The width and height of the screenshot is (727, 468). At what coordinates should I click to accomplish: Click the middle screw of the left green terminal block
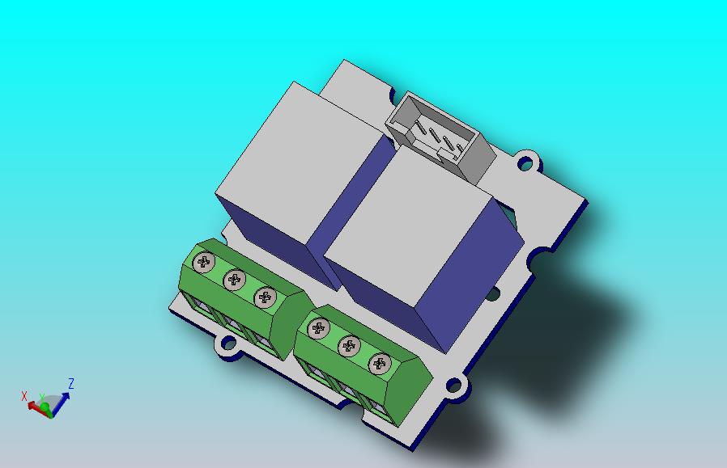point(235,280)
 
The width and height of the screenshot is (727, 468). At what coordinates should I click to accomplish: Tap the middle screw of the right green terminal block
point(349,346)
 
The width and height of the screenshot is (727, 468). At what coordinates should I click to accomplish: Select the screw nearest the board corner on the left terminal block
point(204,263)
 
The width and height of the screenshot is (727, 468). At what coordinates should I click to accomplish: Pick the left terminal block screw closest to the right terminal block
point(266,297)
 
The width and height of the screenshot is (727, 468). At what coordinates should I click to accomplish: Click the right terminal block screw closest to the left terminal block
point(318,328)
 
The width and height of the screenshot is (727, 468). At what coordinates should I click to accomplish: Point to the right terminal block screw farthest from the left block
point(380,364)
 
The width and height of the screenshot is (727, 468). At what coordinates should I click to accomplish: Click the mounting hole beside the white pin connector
point(525,163)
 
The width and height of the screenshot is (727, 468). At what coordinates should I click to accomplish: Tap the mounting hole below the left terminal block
point(228,343)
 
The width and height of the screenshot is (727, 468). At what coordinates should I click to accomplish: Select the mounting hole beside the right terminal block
point(453,385)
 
